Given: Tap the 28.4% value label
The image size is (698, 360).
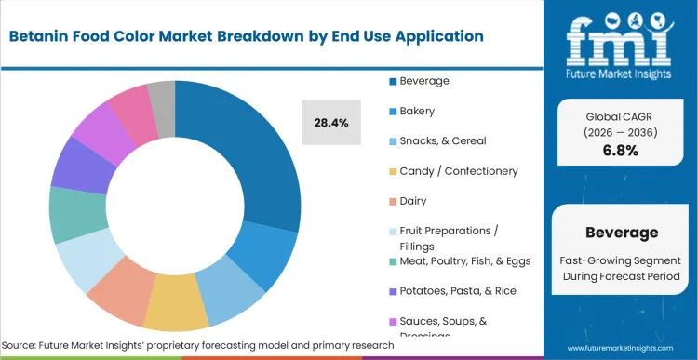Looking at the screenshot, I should point(332,123).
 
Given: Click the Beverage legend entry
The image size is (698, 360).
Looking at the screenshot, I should point(424,81).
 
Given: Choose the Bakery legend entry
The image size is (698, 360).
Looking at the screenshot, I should point(418,111).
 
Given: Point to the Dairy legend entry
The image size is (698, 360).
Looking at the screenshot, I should point(413,201).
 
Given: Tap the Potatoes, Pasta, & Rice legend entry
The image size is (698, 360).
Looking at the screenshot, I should point(456,291).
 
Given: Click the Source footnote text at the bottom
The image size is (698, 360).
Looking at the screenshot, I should point(196,345).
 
